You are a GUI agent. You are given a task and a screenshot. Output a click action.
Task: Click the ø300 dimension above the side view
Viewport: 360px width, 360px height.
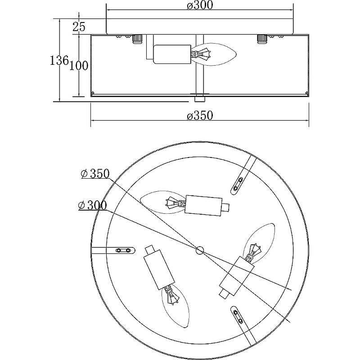point(200,5)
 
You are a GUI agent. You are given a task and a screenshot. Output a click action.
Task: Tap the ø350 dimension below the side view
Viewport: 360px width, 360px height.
point(200,115)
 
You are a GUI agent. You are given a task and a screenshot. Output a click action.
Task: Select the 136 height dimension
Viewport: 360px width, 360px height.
point(59,61)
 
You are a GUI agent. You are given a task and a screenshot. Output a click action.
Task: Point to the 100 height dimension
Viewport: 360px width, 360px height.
point(79,66)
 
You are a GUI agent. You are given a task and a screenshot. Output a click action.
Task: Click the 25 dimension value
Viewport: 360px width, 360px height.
point(79,27)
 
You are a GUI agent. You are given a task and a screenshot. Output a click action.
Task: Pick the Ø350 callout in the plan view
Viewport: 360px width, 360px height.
point(95,174)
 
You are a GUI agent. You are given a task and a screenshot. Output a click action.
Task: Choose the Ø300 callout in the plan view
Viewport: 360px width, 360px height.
point(93,205)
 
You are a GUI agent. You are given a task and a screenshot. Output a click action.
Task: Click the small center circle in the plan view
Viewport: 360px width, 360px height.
point(200,250)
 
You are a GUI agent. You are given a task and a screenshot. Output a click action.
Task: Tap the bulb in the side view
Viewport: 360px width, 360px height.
point(213,54)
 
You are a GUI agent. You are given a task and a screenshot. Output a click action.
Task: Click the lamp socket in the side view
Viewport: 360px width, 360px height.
point(172,54)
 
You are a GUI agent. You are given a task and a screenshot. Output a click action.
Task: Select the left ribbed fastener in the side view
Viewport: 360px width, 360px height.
point(138,39)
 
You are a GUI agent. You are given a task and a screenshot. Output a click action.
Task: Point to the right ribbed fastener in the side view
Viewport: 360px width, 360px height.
point(262,39)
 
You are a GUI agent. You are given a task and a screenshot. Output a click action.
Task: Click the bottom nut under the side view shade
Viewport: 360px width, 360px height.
point(199,99)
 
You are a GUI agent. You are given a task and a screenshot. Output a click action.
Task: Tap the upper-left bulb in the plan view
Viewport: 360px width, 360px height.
point(162,202)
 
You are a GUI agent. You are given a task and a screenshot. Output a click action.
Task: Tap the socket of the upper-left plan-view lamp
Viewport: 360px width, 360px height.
point(203,205)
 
